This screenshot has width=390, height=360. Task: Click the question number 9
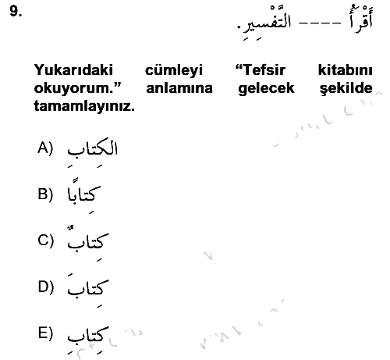16,12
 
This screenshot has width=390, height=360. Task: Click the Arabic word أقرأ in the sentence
360,19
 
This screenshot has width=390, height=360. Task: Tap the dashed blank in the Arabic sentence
320,23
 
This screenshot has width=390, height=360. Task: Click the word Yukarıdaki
73,70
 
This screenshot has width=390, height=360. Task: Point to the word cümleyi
174,71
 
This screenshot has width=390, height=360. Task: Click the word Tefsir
261,70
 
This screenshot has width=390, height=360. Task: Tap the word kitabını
346,70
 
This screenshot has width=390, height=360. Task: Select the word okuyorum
78,89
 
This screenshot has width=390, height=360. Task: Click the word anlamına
179,88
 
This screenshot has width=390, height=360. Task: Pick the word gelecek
266,89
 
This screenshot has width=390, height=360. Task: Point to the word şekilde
346,89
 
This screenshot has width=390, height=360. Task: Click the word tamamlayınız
84,107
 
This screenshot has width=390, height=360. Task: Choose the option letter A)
45,148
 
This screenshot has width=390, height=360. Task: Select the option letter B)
45,194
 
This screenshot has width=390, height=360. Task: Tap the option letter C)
46,241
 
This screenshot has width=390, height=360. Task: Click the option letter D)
46,287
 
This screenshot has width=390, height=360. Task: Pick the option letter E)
45,333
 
